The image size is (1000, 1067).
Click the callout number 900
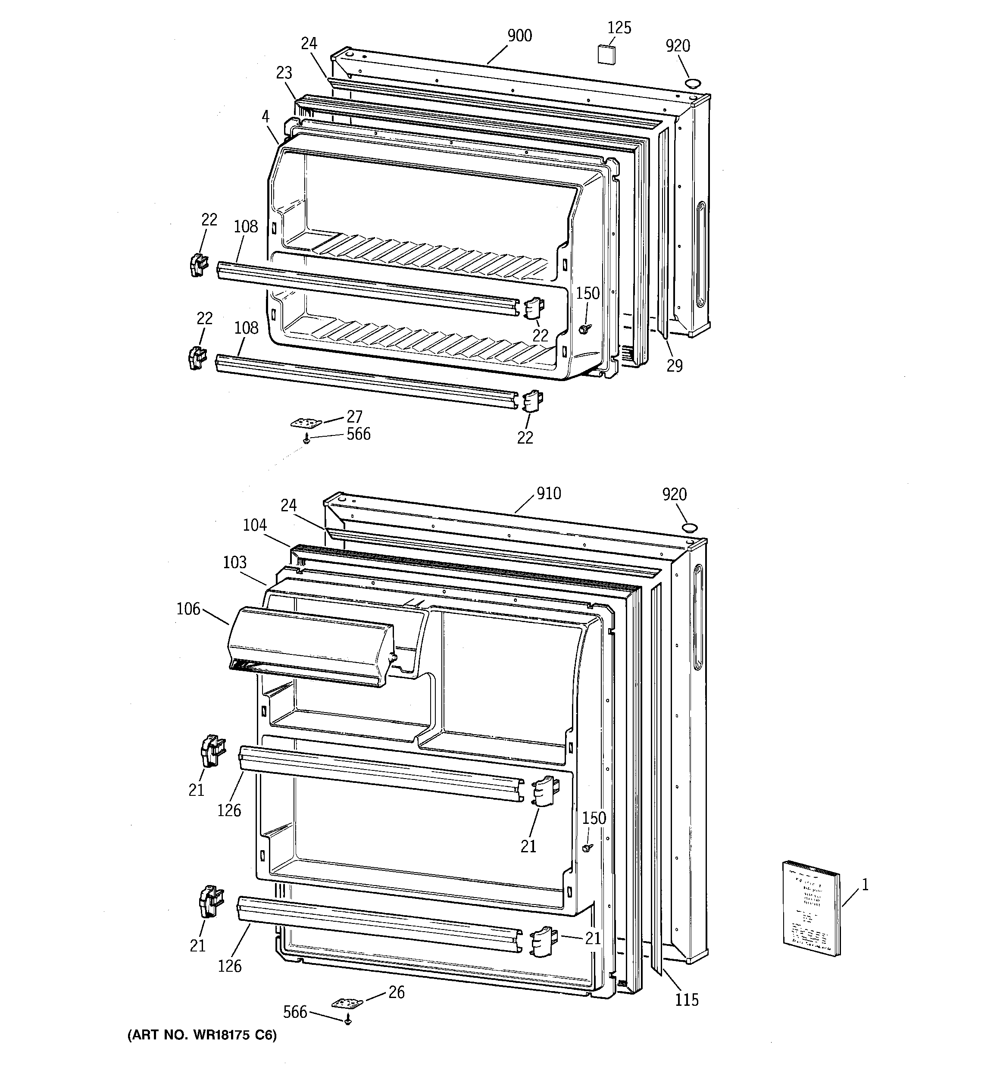click(x=519, y=36)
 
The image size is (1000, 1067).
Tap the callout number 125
click(x=619, y=28)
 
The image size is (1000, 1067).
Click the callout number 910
click(x=549, y=493)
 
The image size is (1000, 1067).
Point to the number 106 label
click(x=188, y=609)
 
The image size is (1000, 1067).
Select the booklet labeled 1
click(x=810, y=915)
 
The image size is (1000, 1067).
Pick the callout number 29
click(x=675, y=366)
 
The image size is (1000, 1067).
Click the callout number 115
click(x=687, y=1000)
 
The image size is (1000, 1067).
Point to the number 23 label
click(x=284, y=73)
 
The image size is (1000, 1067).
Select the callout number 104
click(x=254, y=525)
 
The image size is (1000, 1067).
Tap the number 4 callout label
click(x=266, y=116)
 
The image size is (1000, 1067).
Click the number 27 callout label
click(x=354, y=416)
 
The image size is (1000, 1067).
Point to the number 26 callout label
click(x=396, y=992)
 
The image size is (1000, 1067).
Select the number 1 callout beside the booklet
click(x=865, y=885)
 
